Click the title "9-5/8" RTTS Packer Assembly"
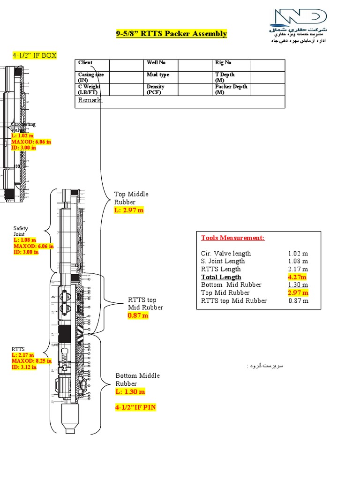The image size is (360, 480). tap(171, 33)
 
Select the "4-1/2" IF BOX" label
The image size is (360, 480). tap(34, 55)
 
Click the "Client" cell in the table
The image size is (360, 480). tap(85, 63)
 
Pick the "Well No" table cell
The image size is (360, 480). tap(156, 63)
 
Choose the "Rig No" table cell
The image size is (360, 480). tap(223, 63)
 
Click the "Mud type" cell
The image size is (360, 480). tap(158, 75)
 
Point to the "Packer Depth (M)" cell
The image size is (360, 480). tap(231, 90)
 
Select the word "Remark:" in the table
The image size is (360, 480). tap(90, 100)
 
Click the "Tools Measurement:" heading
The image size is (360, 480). tap(232, 238)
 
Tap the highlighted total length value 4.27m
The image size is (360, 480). tap(298, 277)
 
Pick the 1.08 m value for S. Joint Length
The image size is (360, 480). tap(298, 261)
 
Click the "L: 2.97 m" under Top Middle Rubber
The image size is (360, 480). tap(129, 210)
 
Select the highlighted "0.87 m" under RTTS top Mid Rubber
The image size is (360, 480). tap(138, 316)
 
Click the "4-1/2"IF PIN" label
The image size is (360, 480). tap(135, 408)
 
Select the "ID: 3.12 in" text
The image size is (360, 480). tap(24, 367)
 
